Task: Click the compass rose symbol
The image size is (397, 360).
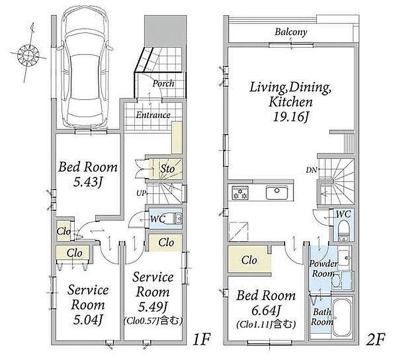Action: (28, 54)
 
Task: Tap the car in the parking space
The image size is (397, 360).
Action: (85, 66)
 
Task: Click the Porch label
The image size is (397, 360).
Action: (163, 83)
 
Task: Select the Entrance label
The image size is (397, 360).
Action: (153, 115)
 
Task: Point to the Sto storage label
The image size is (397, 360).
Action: (167, 169)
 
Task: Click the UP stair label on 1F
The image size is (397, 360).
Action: (141, 193)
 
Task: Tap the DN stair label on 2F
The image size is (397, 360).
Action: (311, 170)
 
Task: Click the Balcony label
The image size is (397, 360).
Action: (291, 32)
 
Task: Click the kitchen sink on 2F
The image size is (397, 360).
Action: (277, 193)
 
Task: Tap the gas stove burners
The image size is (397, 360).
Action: (240, 193)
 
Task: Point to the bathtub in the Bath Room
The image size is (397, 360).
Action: (342, 318)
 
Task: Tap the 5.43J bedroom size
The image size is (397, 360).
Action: (87, 182)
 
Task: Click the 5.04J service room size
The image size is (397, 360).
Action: (87, 320)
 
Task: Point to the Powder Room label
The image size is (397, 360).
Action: (323, 269)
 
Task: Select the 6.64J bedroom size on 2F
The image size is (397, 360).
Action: (266, 310)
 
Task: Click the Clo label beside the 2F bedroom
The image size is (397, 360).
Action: (249, 260)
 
